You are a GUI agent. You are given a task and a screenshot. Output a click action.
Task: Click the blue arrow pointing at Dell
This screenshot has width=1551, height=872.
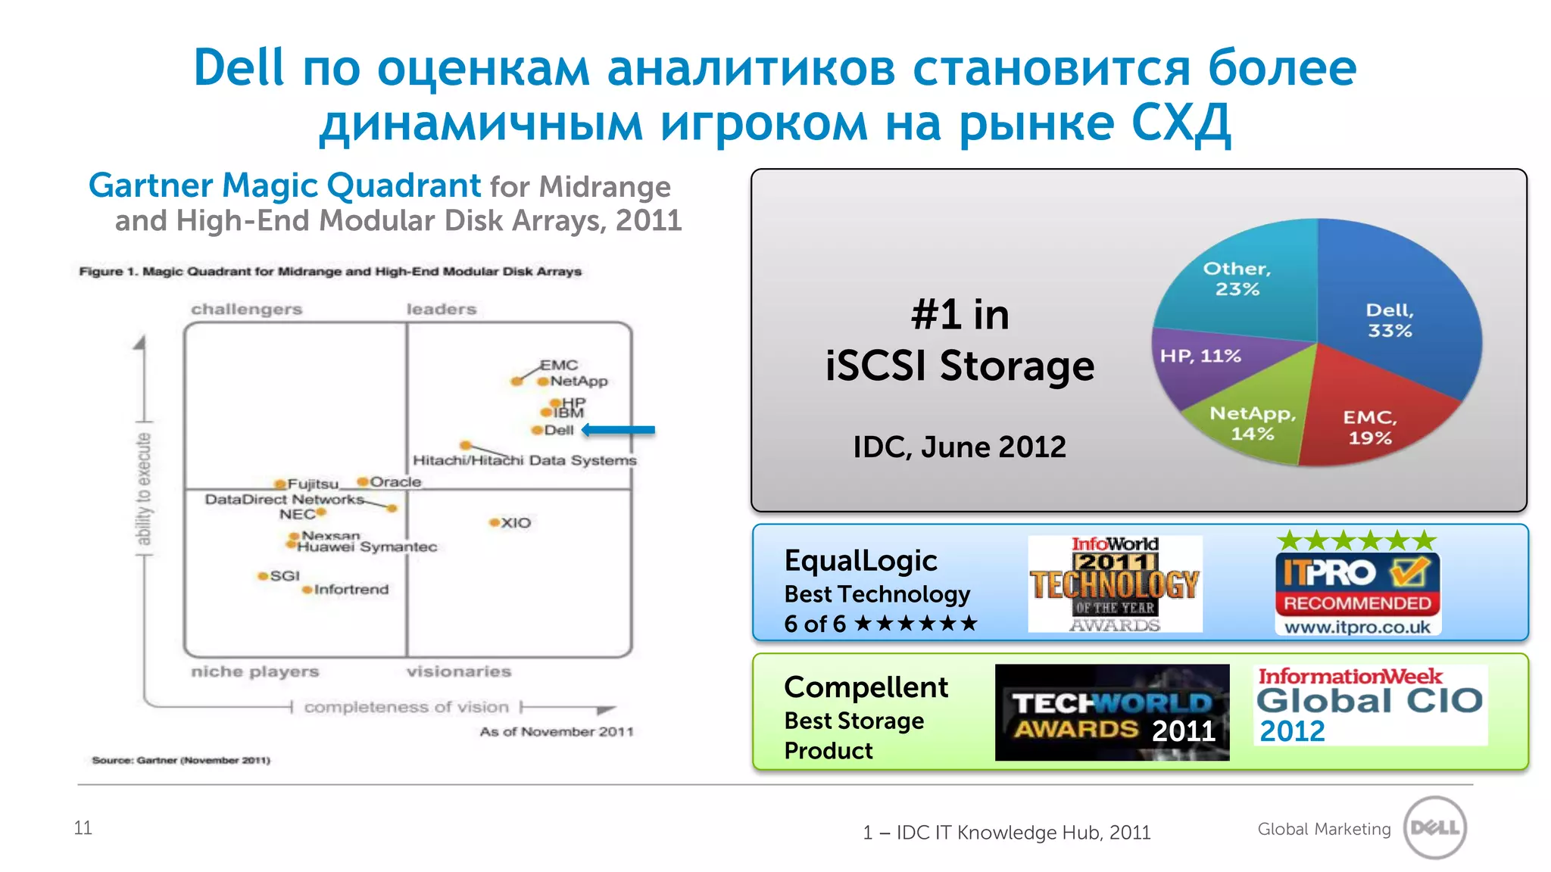(619, 430)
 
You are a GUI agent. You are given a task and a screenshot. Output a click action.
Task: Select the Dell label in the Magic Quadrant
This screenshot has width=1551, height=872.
(559, 430)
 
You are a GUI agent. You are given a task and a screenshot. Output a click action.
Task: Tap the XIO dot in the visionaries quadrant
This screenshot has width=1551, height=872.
(495, 522)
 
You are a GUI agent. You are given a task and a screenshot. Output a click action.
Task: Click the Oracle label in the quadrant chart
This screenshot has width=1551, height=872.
(395, 481)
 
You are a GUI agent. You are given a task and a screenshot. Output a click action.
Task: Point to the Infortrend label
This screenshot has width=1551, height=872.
(351, 589)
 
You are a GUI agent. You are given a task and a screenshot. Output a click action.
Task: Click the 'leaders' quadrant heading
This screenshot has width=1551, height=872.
(441, 309)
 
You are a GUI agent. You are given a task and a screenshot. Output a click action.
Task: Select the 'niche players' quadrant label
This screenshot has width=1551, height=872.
(254, 671)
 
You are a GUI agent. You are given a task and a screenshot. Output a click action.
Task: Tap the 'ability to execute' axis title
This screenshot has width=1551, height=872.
(143, 488)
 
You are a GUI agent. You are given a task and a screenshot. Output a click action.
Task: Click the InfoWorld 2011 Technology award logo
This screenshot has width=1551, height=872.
(1115, 584)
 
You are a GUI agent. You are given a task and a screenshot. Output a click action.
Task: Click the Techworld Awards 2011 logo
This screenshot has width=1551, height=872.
(1112, 712)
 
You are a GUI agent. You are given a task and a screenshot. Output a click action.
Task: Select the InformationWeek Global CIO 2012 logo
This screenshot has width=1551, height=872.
(1369, 705)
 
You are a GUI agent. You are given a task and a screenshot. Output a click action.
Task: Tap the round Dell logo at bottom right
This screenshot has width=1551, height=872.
(1434, 827)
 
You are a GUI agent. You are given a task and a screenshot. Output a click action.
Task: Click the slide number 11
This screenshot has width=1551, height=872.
(83, 827)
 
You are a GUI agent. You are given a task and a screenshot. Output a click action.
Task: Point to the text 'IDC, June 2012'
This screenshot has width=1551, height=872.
(959, 447)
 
